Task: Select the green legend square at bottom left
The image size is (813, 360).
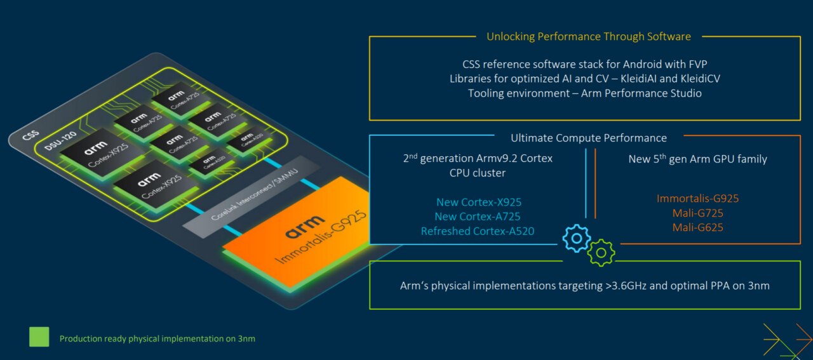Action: click(39, 337)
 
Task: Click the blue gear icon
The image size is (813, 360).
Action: click(577, 239)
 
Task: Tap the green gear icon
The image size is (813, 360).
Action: click(601, 252)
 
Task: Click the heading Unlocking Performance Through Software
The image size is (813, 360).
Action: click(588, 37)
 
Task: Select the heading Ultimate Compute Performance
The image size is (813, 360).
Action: click(588, 138)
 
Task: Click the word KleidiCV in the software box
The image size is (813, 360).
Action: click(697, 79)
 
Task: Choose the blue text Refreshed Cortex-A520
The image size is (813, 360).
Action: click(477, 231)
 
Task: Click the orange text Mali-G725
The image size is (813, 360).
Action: click(697, 213)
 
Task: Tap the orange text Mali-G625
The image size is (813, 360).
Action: click(697, 227)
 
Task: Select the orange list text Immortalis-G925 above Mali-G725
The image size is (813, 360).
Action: click(697, 198)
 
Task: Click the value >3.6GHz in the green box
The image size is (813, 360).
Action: click(626, 286)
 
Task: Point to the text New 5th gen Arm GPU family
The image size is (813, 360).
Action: click(697, 159)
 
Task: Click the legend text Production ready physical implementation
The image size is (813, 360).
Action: click(157, 338)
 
